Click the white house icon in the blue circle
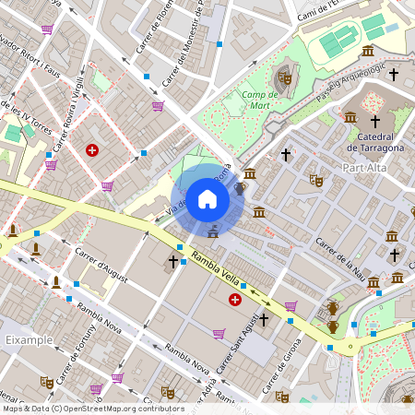click(207, 198)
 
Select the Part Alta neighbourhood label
click(364, 168)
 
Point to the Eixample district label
click(21, 341)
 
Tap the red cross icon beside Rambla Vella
click(235, 300)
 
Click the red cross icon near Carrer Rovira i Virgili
click(92, 149)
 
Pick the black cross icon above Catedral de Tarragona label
click(375, 122)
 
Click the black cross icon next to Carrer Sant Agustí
click(264, 319)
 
